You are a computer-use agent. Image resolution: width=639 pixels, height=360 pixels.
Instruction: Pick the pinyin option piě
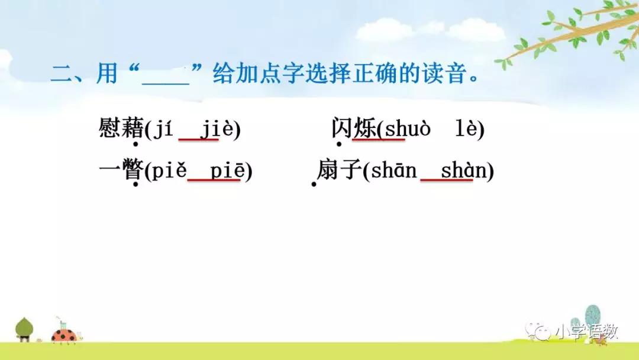170,171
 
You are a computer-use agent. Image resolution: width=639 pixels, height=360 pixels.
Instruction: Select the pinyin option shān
393,171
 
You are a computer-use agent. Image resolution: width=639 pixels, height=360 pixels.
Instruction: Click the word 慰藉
121,128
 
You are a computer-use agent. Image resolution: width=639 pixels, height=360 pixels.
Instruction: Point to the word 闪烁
353,128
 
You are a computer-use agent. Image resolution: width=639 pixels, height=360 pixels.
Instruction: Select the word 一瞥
121,171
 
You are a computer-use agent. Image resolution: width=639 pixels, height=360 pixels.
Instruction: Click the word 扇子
339,171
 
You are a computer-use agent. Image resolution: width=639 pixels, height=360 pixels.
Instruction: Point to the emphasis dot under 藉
135,144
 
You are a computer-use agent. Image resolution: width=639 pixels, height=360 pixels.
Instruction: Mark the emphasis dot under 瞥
135,185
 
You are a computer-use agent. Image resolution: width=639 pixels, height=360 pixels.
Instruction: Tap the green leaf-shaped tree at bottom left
24,327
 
